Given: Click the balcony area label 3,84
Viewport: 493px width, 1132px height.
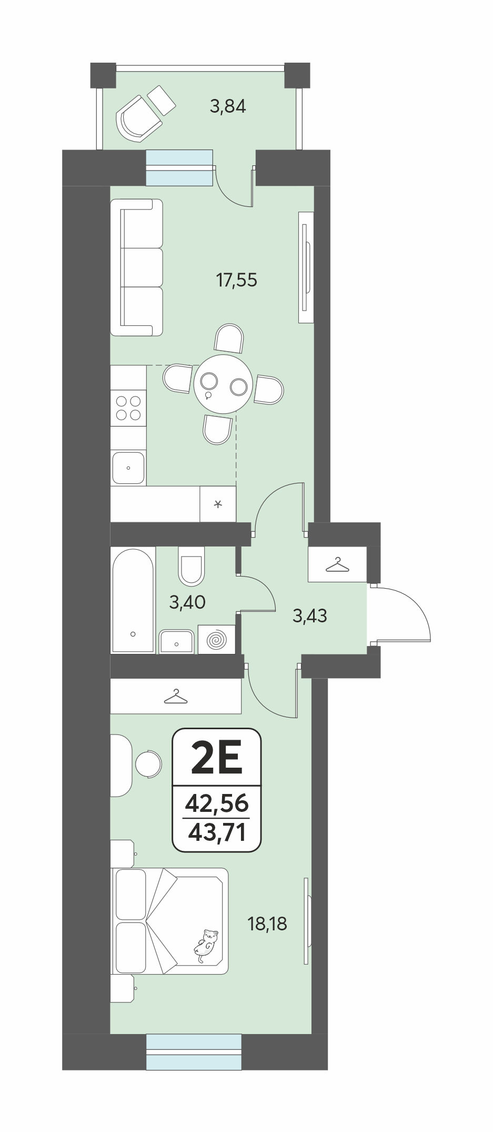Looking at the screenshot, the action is (228, 107).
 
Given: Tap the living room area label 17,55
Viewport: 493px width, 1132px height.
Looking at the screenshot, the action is (237, 280).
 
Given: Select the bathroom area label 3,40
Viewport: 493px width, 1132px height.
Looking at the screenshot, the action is (187, 602).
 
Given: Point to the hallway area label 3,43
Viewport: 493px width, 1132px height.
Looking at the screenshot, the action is (310, 615).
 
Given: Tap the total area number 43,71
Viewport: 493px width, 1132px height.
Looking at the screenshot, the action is (217, 832).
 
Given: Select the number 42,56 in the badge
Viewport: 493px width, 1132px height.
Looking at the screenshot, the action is (217, 803).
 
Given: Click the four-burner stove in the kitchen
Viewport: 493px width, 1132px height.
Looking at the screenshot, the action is (128, 407).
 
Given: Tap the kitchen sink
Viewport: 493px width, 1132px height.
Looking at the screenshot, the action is (128, 468).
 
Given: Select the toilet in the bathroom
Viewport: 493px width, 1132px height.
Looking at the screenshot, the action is (191, 566).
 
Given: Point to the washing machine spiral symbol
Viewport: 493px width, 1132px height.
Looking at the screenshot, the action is (216, 639).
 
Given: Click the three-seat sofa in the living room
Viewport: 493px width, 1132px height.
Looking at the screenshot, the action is (137, 267).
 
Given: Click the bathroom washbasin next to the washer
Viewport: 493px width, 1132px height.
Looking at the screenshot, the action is (177, 641).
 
